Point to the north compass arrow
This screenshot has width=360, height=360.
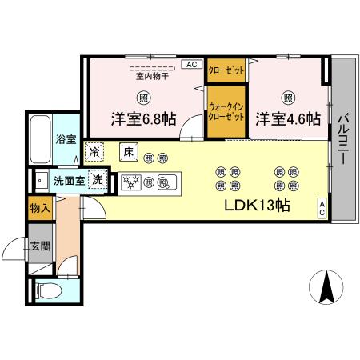[x=326, y=289]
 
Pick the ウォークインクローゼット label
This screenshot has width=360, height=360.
[x=226, y=111]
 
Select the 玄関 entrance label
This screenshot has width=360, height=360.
[x=40, y=246]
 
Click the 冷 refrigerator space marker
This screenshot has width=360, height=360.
[x=95, y=150]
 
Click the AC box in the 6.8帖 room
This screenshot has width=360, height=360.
[x=191, y=64]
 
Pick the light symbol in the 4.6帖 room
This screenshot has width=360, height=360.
[x=287, y=98]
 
